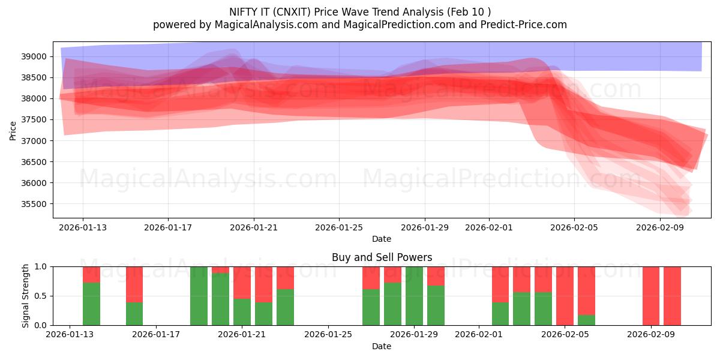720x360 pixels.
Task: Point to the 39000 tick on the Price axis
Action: click(34, 57)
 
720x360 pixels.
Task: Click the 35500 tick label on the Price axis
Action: click(34, 205)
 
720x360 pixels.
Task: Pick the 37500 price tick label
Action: click(34, 120)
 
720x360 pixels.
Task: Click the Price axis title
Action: click(13, 130)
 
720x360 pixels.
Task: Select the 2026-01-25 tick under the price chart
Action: click(339, 228)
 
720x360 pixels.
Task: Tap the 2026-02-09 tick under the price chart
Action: click(660, 228)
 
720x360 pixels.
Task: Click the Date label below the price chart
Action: click(382, 239)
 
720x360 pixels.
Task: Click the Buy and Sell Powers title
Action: click(382, 258)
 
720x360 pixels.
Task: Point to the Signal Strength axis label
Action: click(26, 296)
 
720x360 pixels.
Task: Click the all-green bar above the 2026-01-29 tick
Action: click(414, 296)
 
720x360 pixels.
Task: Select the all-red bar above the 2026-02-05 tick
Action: click(565, 296)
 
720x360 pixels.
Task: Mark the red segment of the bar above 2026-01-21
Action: click(242, 283)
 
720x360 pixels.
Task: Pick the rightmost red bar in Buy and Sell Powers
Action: click(672, 296)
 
